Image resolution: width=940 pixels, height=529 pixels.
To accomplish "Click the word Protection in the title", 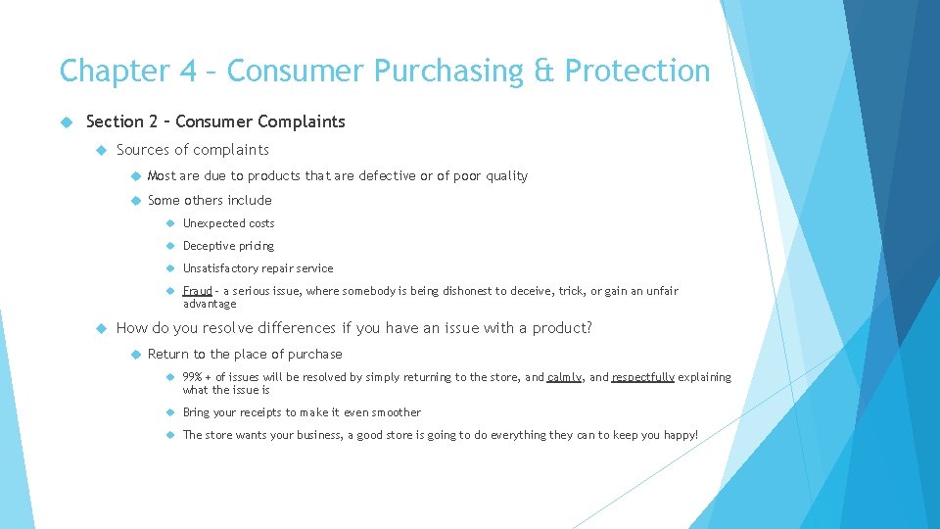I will click(x=637, y=72).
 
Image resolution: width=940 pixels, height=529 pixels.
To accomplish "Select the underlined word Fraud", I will click(x=198, y=291).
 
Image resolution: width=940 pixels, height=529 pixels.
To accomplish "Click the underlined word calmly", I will click(x=564, y=377).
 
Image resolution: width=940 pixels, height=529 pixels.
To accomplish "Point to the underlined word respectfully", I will click(x=643, y=377).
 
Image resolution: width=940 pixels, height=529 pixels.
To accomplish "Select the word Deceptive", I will click(x=209, y=246).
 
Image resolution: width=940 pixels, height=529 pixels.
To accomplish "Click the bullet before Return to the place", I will click(x=133, y=354).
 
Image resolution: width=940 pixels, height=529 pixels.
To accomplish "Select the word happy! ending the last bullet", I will click(x=678, y=435).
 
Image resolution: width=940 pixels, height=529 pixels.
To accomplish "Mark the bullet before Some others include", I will click(x=133, y=201).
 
